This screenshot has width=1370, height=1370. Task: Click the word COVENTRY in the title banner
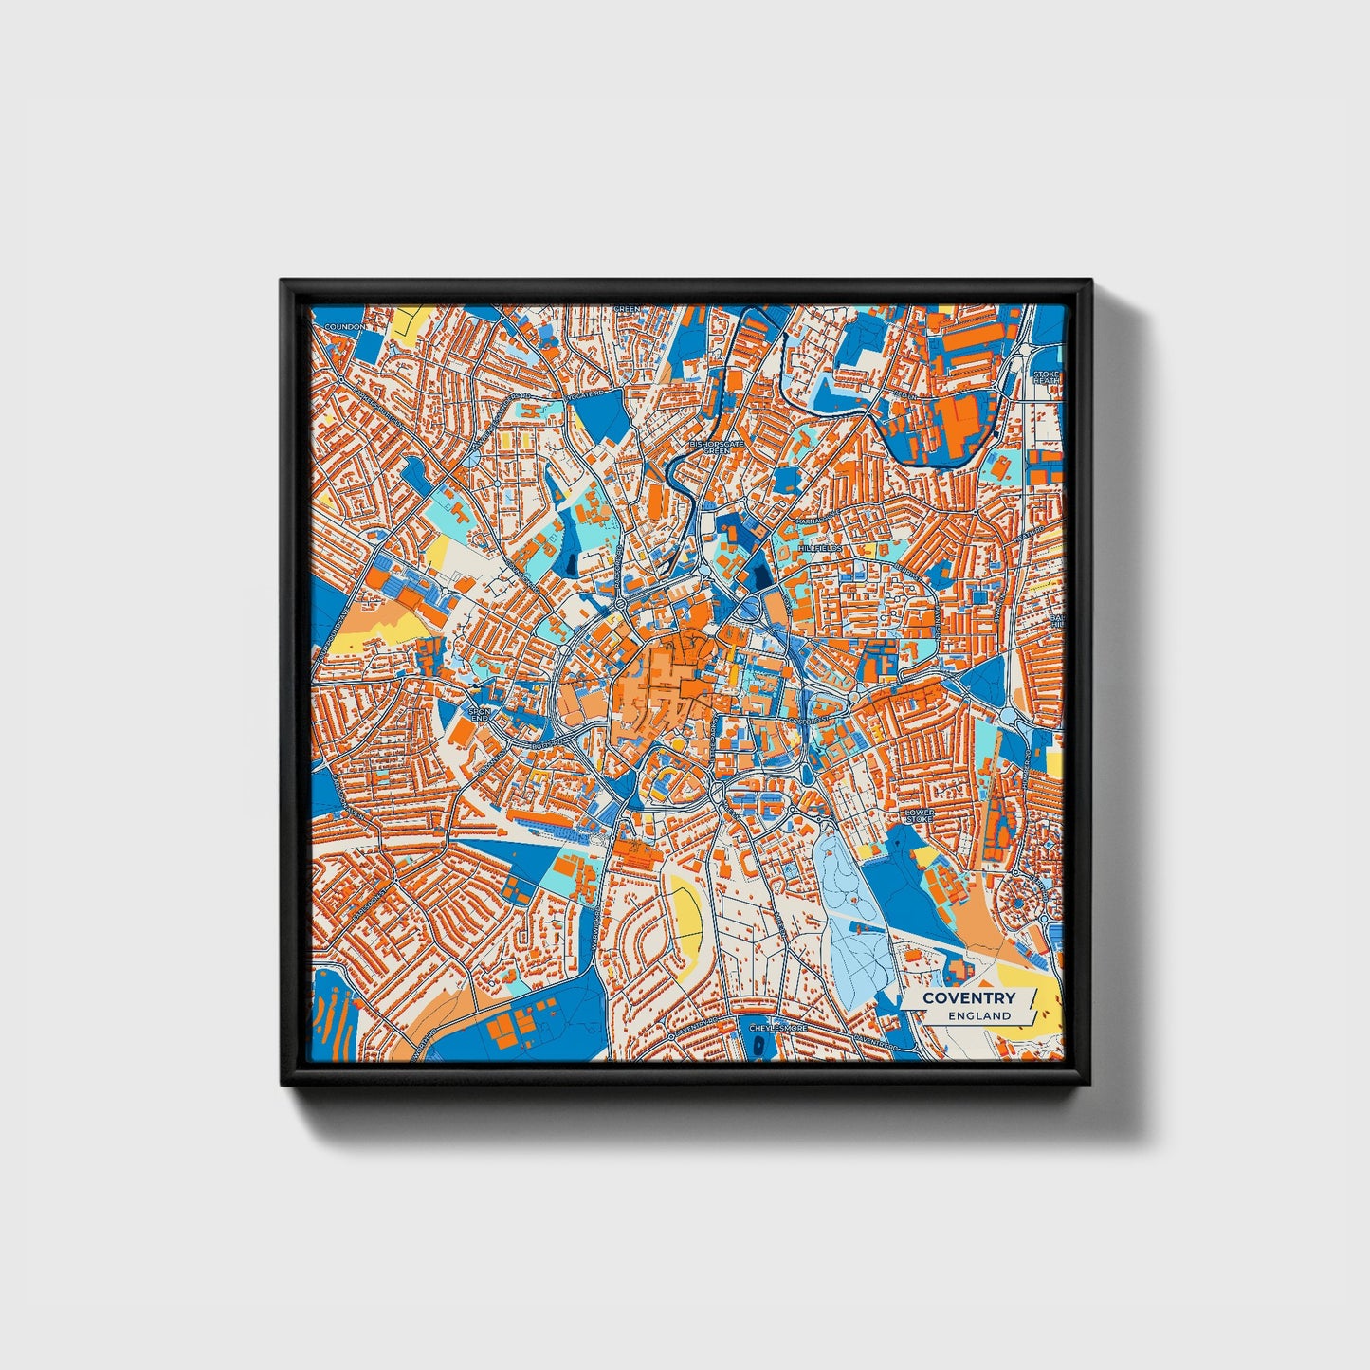[x=968, y=997]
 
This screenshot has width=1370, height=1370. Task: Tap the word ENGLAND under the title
[x=979, y=1015]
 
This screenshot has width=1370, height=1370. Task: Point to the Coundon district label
[x=344, y=327]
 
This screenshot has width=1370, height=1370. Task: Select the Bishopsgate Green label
[x=717, y=446]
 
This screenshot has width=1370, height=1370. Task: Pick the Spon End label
[x=481, y=714]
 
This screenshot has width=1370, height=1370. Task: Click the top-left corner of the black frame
[x=283, y=282]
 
